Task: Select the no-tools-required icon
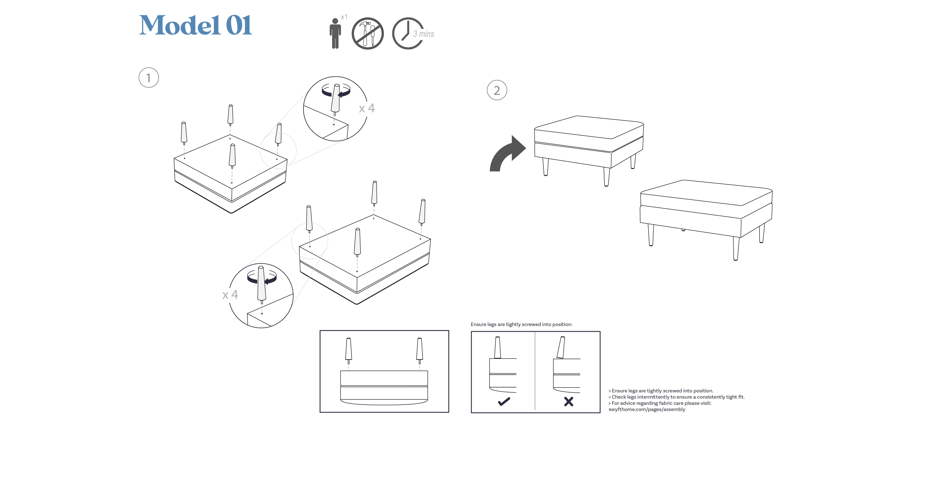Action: pyautogui.click(x=368, y=33)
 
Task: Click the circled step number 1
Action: pyautogui.click(x=149, y=78)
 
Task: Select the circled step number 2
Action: pyautogui.click(x=497, y=90)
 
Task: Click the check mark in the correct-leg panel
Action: pyautogui.click(x=504, y=401)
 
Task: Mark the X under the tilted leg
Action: pyautogui.click(x=568, y=401)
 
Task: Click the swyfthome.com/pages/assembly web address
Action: pyautogui.click(x=647, y=409)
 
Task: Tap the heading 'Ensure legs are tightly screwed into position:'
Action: pyautogui.click(x=521, y=324)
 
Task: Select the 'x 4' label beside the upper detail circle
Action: pyautogui.click(x=367, y=108)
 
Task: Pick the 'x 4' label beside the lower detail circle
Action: pyautogui.click(x=230, y=295)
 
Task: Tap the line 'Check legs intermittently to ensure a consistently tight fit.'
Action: pyautogui.click(x=677, y=397)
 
